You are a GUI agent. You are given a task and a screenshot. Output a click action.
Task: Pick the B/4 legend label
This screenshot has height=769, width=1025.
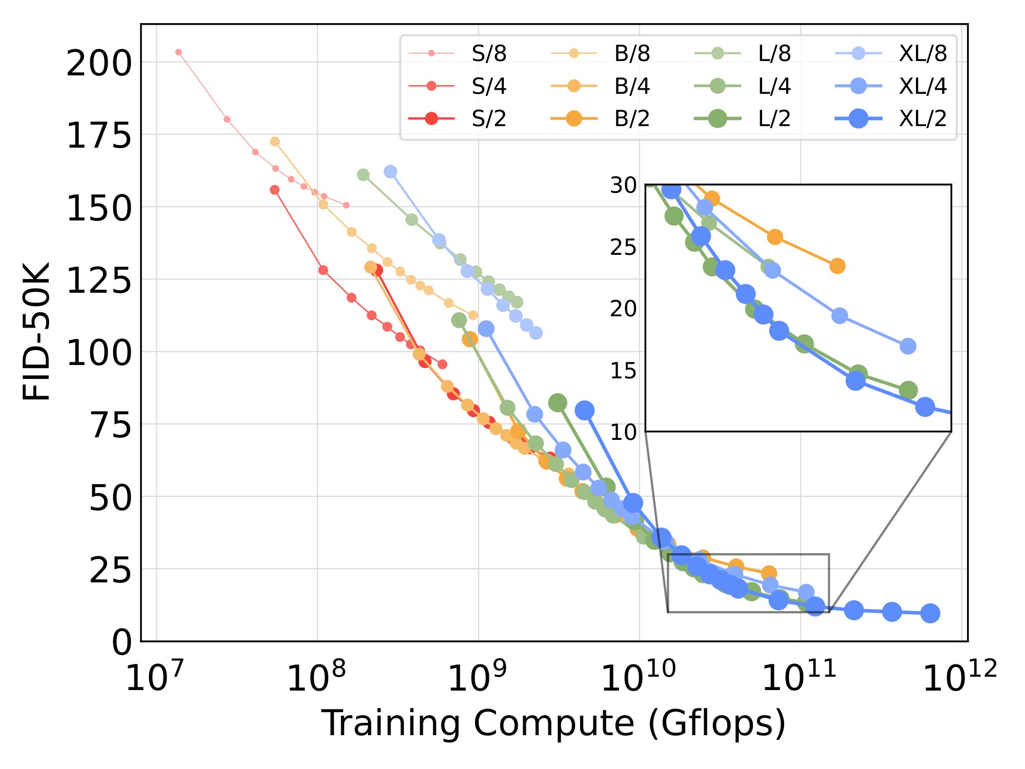[x=632, y=86]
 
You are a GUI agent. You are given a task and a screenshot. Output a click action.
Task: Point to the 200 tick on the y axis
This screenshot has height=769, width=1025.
[x=99, y=65]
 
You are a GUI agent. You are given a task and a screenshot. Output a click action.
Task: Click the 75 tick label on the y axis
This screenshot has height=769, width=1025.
[x=110, y=426]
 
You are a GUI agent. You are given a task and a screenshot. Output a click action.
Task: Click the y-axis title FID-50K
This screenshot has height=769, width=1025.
[x=37, y=331]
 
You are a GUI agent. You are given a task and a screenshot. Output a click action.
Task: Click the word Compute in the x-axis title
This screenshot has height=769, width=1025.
[x=554, y=723]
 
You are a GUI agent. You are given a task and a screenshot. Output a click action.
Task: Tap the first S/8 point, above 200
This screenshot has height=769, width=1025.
[x=178, y=52]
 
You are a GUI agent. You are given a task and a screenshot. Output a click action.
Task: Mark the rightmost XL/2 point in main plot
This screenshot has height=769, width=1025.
[x=930, y=613]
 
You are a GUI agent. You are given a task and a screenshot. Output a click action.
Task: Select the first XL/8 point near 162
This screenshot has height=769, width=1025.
[x=391, y=172]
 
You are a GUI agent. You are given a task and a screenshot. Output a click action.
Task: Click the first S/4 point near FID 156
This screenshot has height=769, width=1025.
[x=275, y=190]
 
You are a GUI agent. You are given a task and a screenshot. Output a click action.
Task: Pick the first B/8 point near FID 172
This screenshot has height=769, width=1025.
[x=275, y=141]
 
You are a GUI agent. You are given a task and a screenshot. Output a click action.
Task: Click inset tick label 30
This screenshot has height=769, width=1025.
[x=623, y=186]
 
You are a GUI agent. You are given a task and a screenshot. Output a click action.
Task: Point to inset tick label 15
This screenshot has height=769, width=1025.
[x=623, y=371]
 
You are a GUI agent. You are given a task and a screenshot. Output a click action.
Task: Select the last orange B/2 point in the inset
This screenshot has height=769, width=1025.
[x=837, y=266]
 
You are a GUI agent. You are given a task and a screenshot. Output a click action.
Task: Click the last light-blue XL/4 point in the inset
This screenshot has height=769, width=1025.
[x=908, y=346]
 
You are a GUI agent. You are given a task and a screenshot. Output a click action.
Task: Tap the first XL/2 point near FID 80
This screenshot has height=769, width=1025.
[x=584, y=410]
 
